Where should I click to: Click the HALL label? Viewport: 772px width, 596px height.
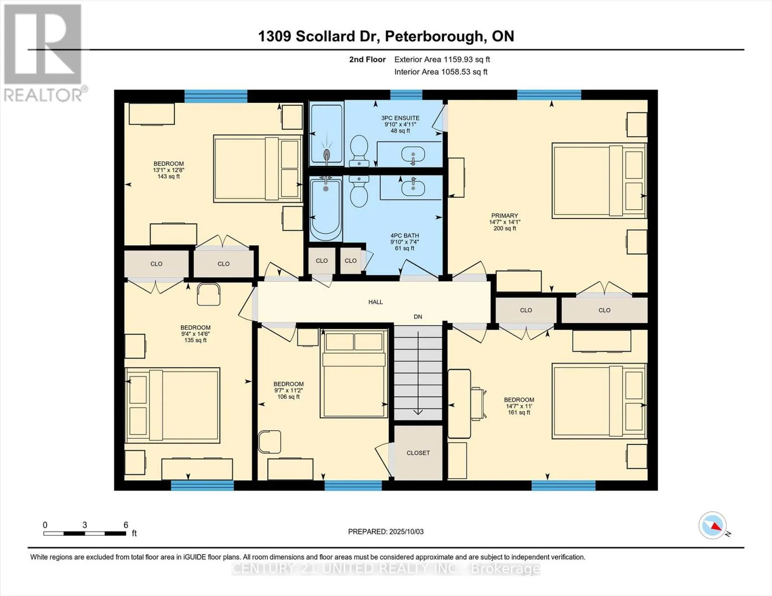375,302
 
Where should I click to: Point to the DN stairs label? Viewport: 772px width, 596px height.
418,317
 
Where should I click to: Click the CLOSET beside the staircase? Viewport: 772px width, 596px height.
418,453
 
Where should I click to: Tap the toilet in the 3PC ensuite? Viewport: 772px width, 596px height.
358,150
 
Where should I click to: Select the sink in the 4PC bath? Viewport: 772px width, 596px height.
412,188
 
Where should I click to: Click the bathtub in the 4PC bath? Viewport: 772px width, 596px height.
326,209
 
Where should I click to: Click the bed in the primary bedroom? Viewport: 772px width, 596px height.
599,181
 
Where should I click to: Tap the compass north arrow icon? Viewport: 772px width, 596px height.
713,525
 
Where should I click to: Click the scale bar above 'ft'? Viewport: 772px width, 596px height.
84,533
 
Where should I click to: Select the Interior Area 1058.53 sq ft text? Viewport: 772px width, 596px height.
440,72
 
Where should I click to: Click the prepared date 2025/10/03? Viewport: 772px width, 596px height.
386,531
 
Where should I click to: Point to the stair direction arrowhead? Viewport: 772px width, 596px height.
418,411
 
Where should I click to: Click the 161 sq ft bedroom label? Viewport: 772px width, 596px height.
518,406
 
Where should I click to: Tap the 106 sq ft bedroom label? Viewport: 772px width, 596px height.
288,390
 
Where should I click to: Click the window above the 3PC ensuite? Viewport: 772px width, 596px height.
406,95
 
